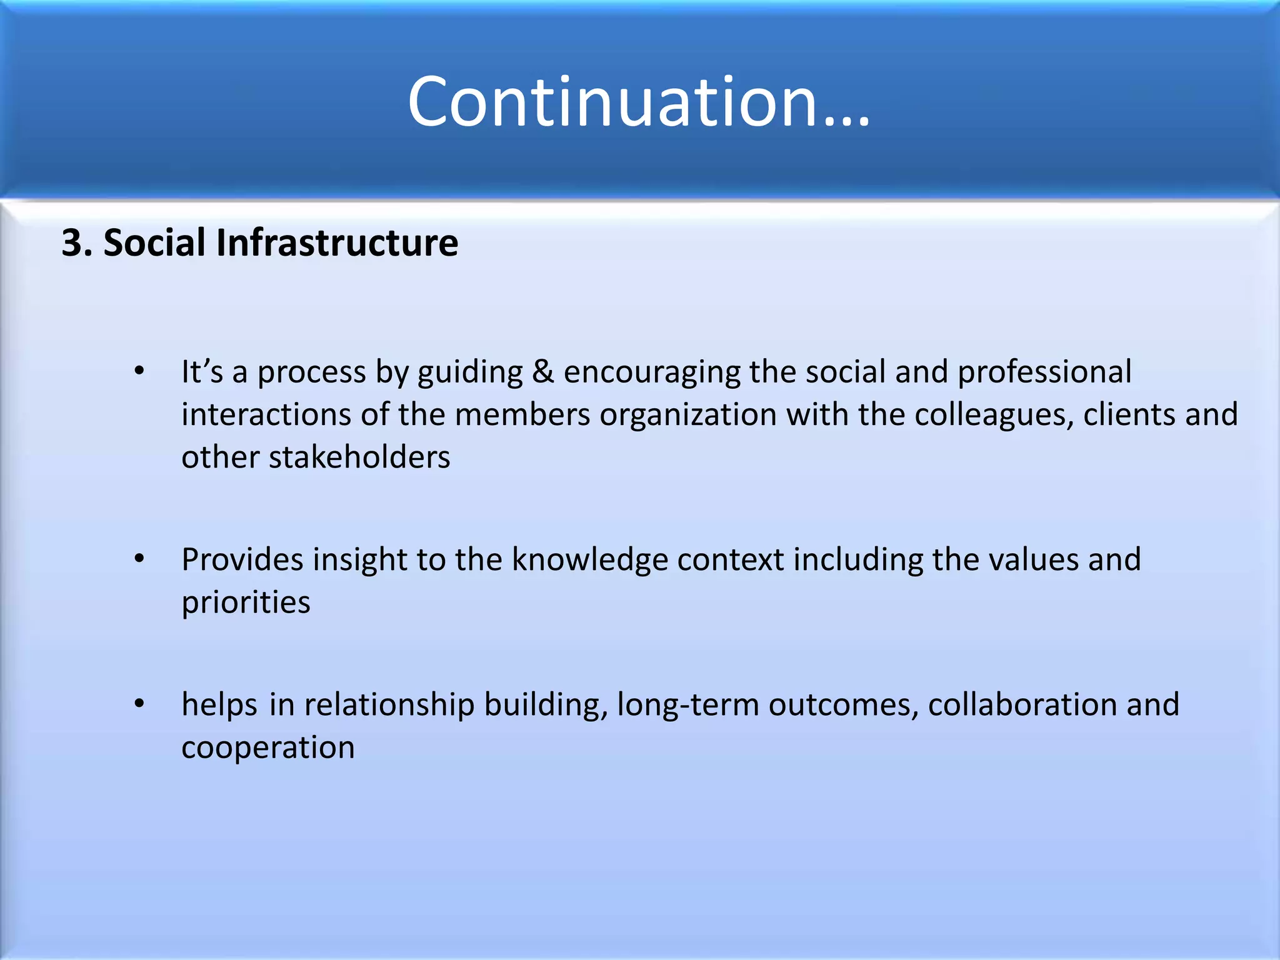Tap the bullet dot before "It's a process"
coord(139,371)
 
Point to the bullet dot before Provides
coord(139,559)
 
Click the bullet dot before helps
coord(139,704)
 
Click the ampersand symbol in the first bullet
coord(543,372)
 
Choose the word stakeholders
coord(359,457)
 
